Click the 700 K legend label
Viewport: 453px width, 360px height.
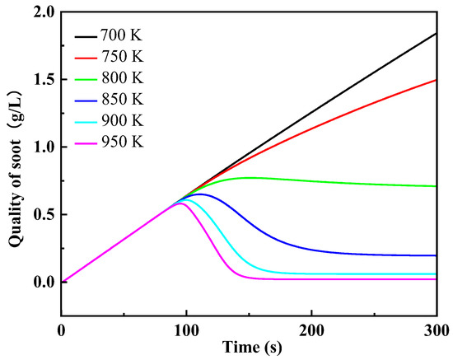pos(123,37)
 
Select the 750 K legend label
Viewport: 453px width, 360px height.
pos(123,58)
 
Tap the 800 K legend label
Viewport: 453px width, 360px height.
pos(123,78)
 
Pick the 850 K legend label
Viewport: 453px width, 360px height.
pos(123,99)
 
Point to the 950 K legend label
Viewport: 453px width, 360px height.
pos(123,141)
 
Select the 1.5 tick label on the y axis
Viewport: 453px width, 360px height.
pos(41,80)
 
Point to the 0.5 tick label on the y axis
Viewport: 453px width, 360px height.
pos(41,214)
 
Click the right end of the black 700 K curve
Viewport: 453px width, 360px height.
pos(436,34)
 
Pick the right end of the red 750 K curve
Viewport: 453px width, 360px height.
pos(436,80)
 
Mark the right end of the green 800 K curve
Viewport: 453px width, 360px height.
pos(436,186)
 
